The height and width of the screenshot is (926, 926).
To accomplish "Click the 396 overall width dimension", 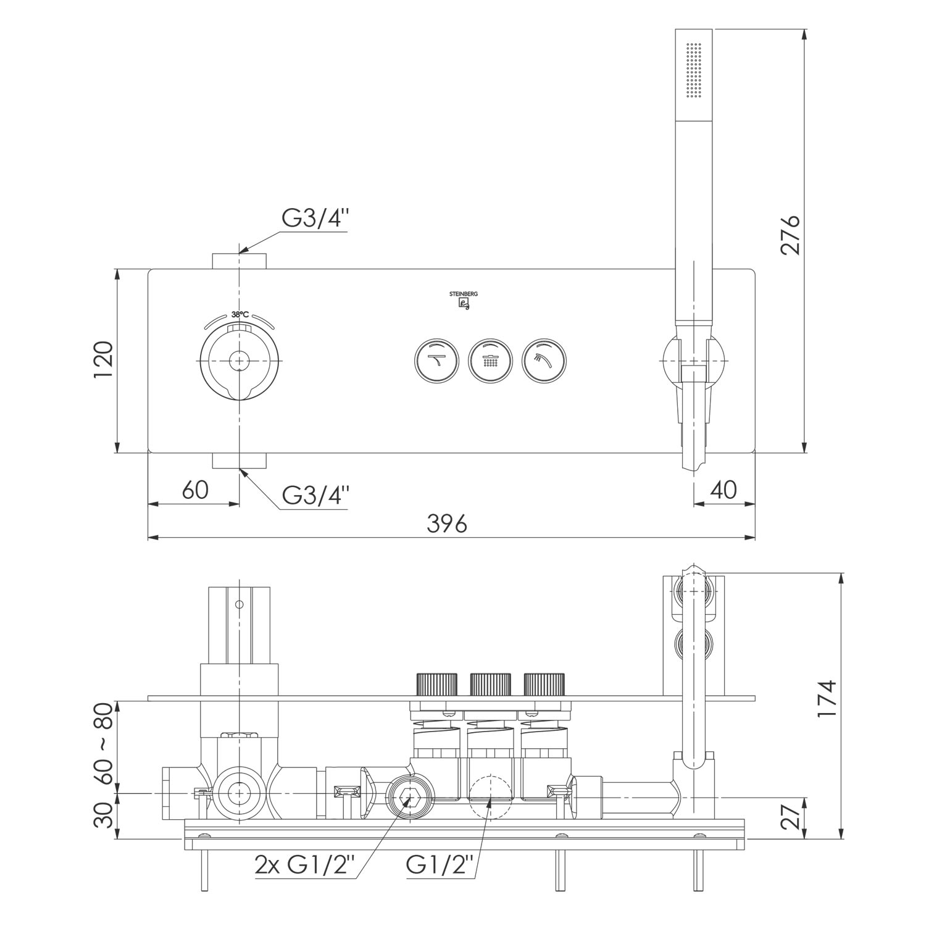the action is point(447,523).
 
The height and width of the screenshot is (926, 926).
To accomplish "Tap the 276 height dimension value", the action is point(790,235).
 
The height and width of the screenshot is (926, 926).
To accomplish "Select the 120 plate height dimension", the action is point(104,361).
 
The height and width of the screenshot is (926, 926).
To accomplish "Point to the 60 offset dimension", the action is point(196,490).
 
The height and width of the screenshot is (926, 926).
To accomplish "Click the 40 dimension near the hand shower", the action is point(724,490).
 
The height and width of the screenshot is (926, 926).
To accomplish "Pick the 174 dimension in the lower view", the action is point(827,698).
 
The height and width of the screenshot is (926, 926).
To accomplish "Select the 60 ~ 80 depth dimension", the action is point(104,744).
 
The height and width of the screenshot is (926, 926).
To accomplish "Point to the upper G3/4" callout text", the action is point(316,218).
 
